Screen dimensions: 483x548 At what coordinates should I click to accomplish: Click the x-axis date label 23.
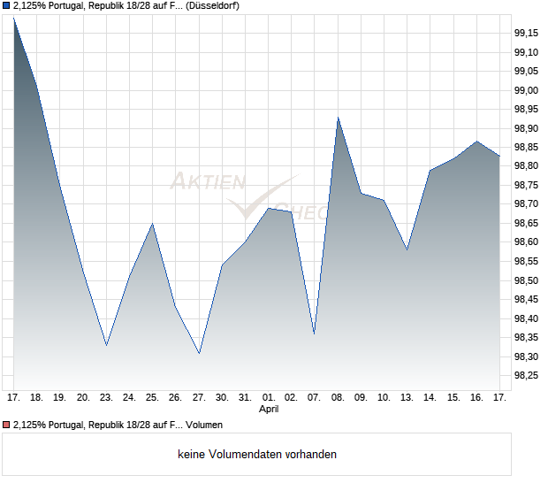point(106,397)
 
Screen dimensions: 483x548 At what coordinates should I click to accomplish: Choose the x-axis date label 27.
point(199,397)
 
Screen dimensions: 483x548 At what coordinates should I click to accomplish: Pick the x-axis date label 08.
point(338,397)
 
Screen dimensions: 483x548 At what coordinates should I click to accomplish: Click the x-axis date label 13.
point(407,397)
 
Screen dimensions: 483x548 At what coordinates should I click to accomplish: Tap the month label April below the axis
point(269,410)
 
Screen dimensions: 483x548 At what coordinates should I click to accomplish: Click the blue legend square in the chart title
point(6,6)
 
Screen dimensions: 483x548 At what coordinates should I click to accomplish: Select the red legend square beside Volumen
point(6,425)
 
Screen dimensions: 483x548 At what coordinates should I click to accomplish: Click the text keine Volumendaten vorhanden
point(256,455)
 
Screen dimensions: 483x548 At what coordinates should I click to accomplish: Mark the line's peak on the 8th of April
point(338,118)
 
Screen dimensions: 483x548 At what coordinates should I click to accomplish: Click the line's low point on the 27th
point(199,353)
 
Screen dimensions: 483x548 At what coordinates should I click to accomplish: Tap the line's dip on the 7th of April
point(315,333)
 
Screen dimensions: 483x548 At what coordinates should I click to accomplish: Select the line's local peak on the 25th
point(153,223)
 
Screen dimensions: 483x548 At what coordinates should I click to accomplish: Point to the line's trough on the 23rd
point(106,345)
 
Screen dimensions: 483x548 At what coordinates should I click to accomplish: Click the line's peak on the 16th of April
point(476,141)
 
